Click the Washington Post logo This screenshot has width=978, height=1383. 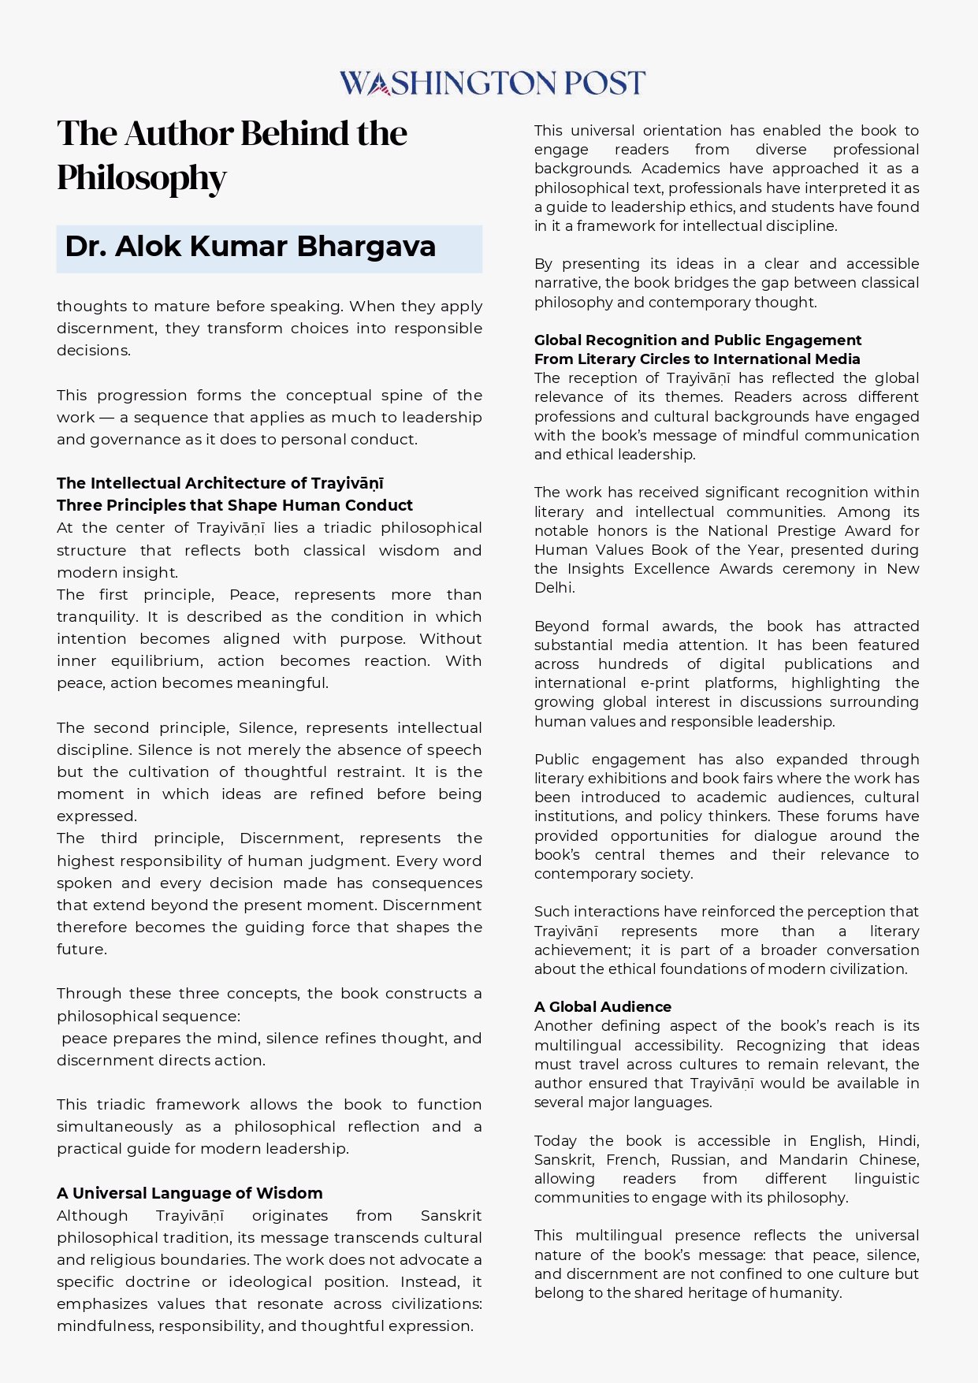[492, 83]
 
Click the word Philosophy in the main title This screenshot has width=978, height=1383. [142, 178]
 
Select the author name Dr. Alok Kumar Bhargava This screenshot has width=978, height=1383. [251, 247]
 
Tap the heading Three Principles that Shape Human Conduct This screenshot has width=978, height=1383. [235, 505]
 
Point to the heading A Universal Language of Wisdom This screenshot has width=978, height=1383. [190, 1193]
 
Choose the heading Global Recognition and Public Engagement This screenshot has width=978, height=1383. [697, 340]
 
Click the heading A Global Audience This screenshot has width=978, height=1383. [603, 1006]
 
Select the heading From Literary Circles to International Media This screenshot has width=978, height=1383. [697, 359]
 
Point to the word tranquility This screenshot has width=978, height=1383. [95, 616]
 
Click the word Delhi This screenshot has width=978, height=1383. [553, 587]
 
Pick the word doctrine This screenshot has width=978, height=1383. [158, 1281]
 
